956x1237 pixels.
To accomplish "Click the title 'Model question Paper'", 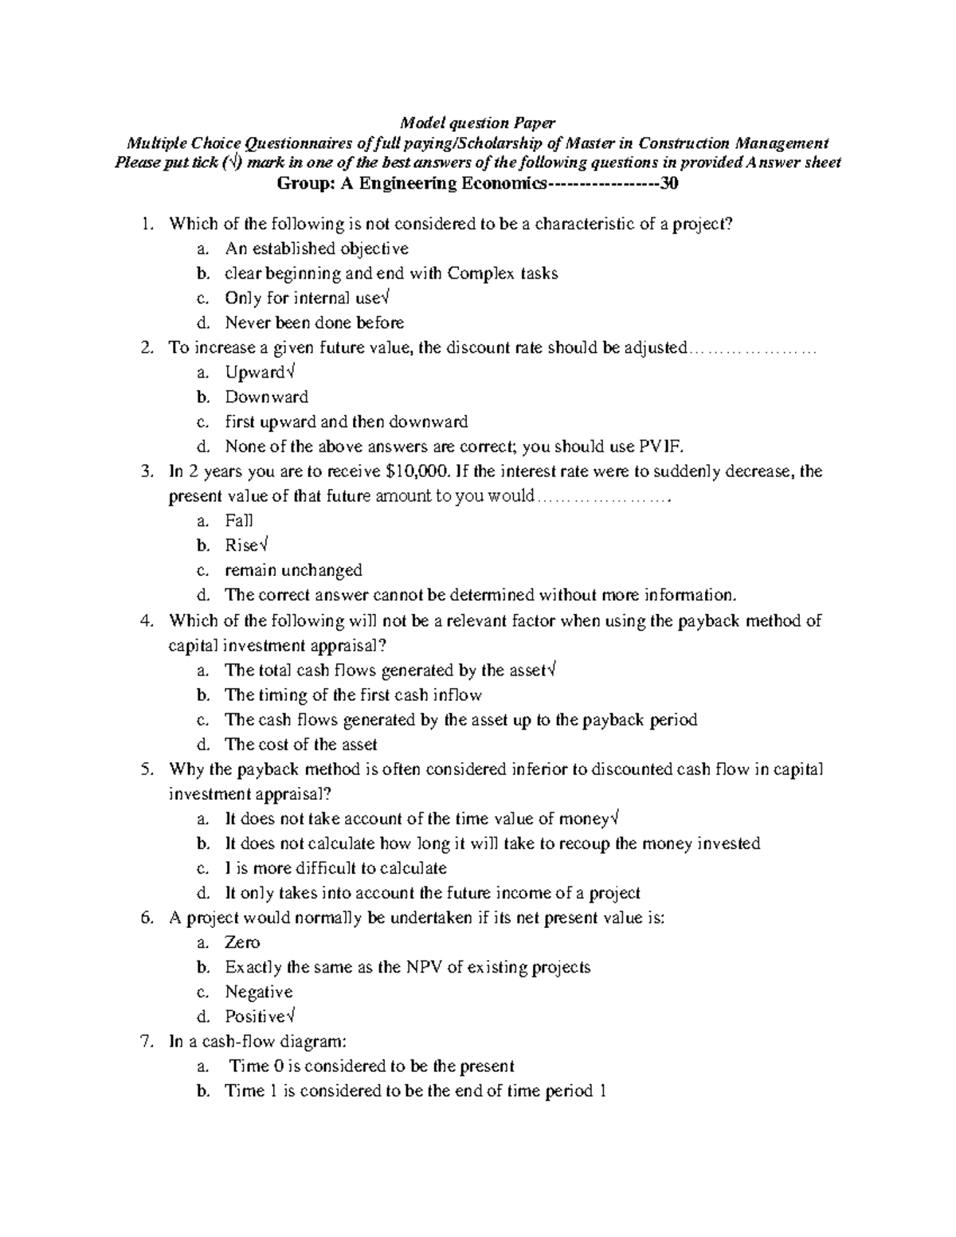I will [x=477, y=123].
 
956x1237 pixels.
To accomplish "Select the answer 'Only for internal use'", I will [x=303, y=298].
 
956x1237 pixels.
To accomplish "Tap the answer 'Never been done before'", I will [x=314, y=323].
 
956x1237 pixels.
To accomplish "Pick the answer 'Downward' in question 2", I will [x=266, y=397].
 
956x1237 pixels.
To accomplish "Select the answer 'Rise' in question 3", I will [x=242, y=546].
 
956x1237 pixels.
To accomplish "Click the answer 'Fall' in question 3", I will [x=238, y=521].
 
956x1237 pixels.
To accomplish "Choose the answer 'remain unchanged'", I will [x=293, y=570].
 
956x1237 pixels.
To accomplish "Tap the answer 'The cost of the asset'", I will [x=300, y=745].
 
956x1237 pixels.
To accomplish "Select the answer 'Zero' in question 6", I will [x=242, y=943].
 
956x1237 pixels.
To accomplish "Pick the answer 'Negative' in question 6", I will [x=258, y=992].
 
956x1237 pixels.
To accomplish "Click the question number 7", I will [x=145, y=1042].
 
